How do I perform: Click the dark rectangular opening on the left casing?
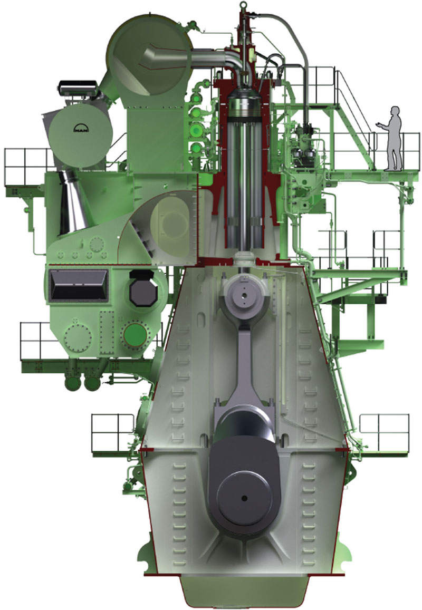[x=78, y=286]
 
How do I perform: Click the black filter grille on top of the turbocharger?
[x=77, y=88]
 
